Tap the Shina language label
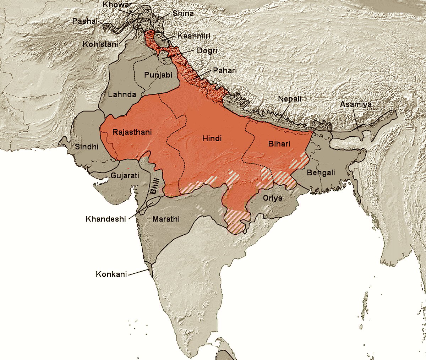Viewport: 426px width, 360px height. pos(183,13)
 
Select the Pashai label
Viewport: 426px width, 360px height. pos(85,21)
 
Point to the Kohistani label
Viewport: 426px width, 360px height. pos(100,44)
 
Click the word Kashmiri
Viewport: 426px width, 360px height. pos(194,36)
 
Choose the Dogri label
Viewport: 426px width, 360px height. pos(207,51)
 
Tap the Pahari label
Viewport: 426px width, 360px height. pos(225,71)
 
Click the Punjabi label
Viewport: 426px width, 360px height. pos(158,75)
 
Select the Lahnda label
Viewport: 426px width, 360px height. pos(122,94)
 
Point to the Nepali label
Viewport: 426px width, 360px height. pos(290,99)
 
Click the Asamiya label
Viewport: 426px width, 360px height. pos(356,104)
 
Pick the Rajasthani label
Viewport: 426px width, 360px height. pos(132,132)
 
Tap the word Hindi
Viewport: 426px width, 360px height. pos(212,138)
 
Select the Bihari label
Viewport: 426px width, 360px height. pos(279,144)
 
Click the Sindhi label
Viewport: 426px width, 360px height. pos(87,146)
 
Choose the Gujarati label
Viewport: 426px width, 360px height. pos(125,175)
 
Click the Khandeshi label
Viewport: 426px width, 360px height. pos(106,219)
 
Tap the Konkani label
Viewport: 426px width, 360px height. pos(111,274)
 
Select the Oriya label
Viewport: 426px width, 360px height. pos(273,198)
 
